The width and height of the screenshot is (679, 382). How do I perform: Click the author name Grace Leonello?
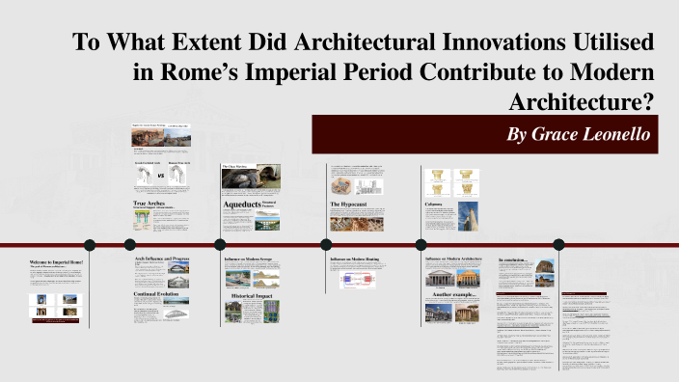click(582, 134)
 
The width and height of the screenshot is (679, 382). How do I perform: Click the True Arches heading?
click(151, 204)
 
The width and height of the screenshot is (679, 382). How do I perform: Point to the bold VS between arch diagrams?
click(159, 177)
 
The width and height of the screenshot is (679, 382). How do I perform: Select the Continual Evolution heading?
click(158, 293)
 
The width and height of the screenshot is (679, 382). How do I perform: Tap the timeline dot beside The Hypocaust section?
click(325, 244)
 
